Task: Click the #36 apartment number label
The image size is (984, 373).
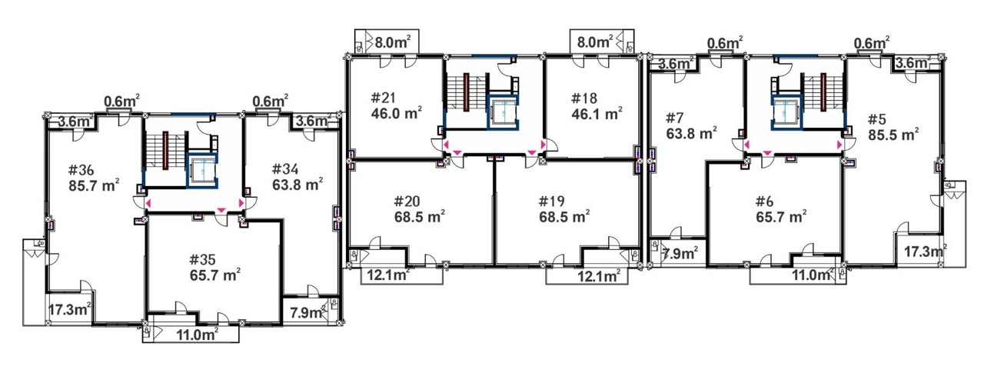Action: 81,170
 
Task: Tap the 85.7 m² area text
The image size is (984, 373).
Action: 94,185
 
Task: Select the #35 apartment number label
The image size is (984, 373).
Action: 202,259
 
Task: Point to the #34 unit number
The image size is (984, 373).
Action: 285,169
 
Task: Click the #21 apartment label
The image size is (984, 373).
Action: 383,98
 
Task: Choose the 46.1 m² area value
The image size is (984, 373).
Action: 597,114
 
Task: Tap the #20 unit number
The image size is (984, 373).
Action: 407,201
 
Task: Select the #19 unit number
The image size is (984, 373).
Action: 551,201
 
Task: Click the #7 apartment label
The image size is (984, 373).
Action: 675,118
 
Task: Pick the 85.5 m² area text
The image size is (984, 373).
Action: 893,134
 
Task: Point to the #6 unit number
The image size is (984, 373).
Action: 764,201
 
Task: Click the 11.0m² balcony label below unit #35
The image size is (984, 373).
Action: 198,335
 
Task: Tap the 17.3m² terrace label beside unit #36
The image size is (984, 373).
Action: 70,309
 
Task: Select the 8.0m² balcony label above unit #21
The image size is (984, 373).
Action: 393,42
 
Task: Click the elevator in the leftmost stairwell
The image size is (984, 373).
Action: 201,171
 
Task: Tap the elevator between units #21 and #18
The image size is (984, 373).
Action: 504,112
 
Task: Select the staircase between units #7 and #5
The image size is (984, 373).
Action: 823,92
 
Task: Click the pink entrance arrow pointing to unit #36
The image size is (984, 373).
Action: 148,203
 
